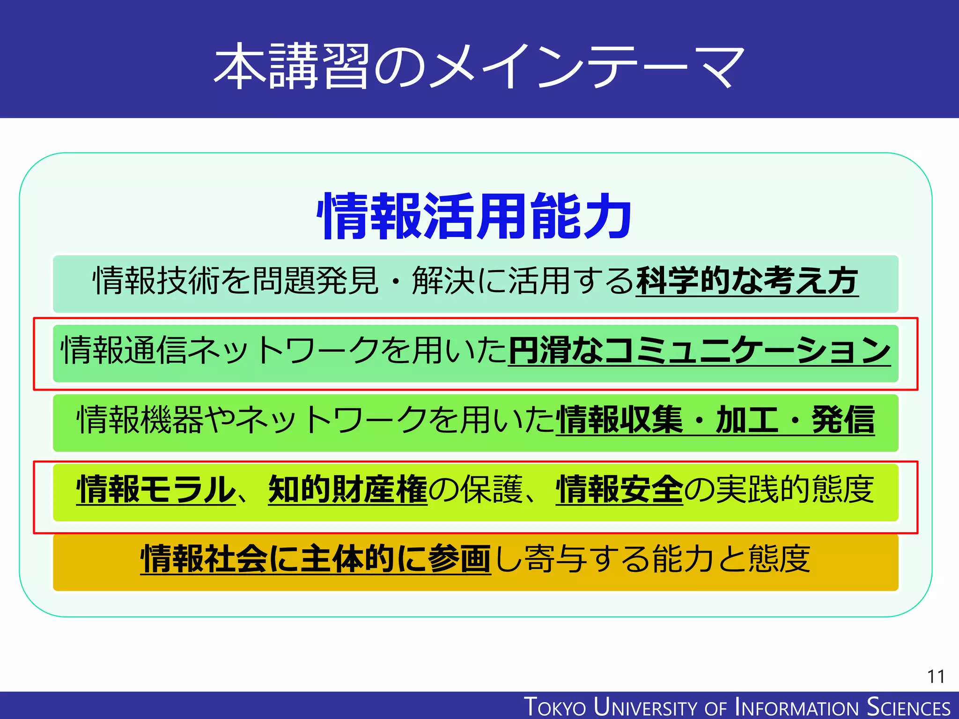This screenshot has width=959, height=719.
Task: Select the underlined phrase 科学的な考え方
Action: click(747, 281)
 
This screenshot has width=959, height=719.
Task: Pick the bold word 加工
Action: click(747, 419)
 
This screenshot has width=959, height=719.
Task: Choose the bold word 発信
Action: click(843, 419)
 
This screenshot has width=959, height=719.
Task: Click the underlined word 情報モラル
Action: click(156, 489)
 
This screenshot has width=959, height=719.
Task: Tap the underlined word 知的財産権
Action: click(348, 489)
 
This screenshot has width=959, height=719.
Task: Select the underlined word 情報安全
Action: click(620, 489)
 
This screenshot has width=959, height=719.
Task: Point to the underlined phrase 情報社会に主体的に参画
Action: click(316, 558)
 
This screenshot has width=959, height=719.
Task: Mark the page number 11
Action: click(936, 676)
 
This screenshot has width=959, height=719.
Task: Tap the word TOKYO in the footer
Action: click(555, 707)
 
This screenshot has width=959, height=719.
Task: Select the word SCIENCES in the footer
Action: click(908, 707)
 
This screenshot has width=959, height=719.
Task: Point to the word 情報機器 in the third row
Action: click(140, 419)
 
